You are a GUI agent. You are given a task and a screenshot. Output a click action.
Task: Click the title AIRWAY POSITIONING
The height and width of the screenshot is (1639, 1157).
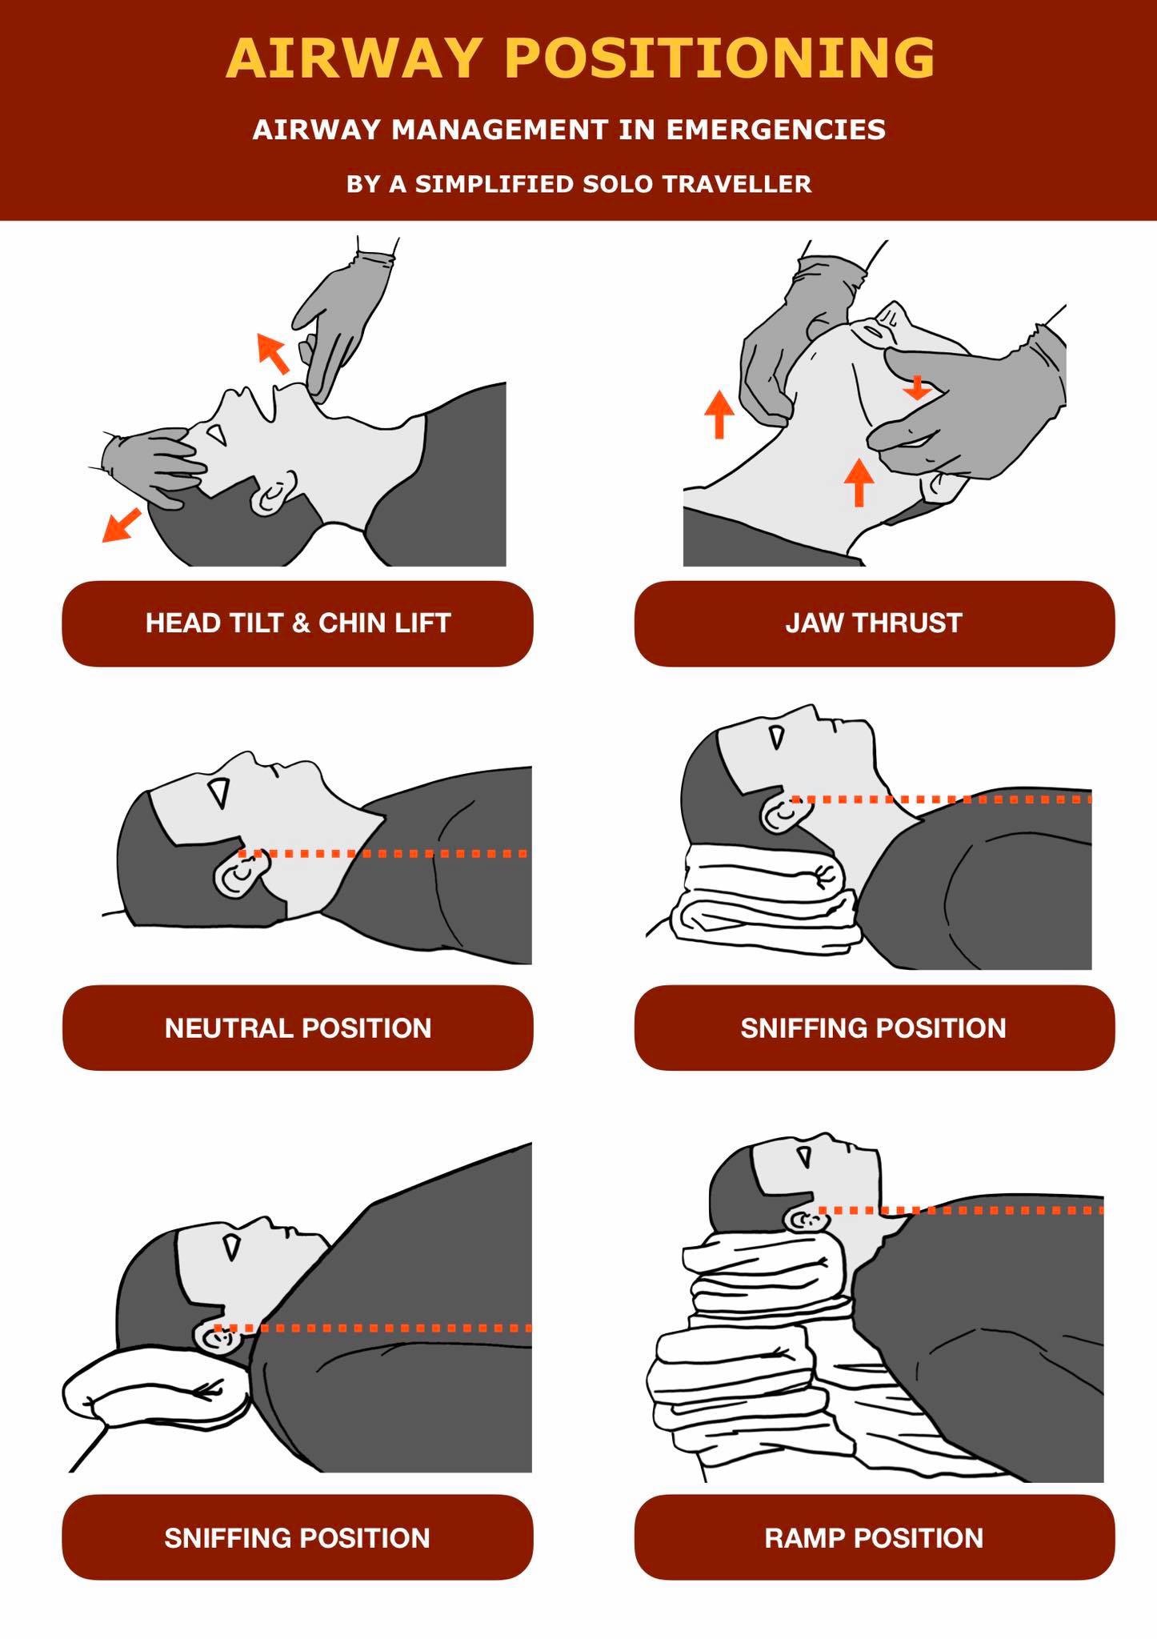580,58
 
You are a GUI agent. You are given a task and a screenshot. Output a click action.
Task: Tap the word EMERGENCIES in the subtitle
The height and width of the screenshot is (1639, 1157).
775,130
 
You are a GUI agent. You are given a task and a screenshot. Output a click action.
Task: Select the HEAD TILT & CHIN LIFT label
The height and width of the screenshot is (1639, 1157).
298,623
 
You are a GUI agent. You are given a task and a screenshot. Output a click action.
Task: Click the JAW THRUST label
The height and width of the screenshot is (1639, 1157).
874,623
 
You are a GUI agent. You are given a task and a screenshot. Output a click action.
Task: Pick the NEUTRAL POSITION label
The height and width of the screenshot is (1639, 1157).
298,1028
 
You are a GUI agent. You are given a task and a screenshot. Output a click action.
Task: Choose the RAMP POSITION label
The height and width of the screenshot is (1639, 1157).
874,1537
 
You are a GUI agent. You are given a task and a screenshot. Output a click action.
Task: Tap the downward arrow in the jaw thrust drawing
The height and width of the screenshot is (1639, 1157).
917,388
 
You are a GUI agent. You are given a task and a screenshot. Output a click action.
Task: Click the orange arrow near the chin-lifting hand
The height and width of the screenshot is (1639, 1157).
273,353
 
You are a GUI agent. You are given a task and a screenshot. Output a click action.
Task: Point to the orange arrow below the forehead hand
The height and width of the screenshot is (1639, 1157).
121,525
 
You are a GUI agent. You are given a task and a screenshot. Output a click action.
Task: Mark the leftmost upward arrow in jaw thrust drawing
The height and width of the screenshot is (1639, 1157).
719,414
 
